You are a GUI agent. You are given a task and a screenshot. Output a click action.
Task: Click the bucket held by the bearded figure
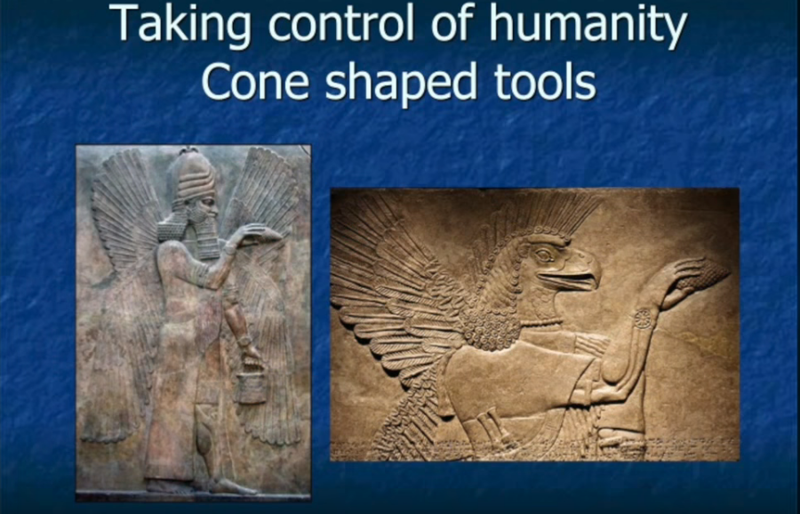(x=251, y=387)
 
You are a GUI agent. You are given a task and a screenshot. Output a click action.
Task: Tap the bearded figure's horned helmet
(x=193, y=176)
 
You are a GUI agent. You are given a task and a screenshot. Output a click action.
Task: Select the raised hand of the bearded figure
(x=258, y=234)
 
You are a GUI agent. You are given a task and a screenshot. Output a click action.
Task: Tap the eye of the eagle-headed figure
(x=544, y=254)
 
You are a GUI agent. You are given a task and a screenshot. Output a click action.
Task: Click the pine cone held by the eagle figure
(x=703, y=277)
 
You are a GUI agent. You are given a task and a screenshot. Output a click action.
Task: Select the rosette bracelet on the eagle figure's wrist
(x=643, y=319)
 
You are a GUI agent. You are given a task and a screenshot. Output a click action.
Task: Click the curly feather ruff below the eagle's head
(x=491, y=326)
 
